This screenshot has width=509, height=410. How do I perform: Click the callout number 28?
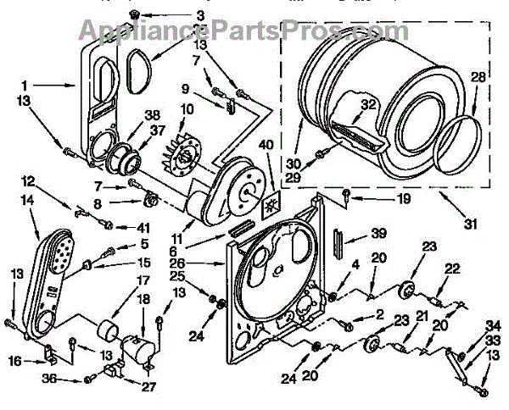tap(478, 78)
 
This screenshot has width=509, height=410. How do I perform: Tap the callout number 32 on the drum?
tap(367, 105)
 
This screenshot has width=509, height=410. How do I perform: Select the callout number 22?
tap(453, 269)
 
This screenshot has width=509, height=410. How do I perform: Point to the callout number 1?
tap(25, 85)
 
